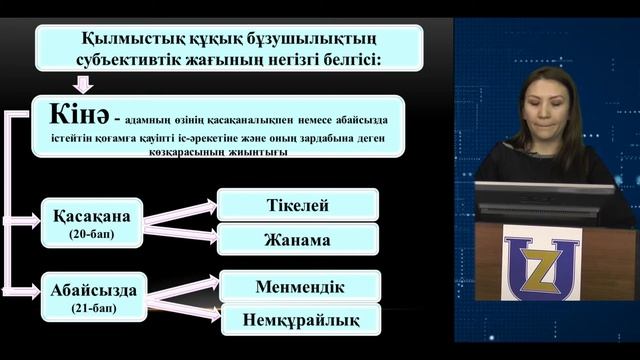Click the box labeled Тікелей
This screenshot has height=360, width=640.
click(x=298, y=205)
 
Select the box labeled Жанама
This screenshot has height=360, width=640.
click(x=298, y=239)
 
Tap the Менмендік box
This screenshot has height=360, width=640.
click(x=300, y=287)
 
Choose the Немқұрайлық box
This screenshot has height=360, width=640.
click(x=300, y=320)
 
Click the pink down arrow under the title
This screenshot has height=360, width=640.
click(x=83, y=84)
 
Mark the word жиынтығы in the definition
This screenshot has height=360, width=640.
click(x=262, y=152)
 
